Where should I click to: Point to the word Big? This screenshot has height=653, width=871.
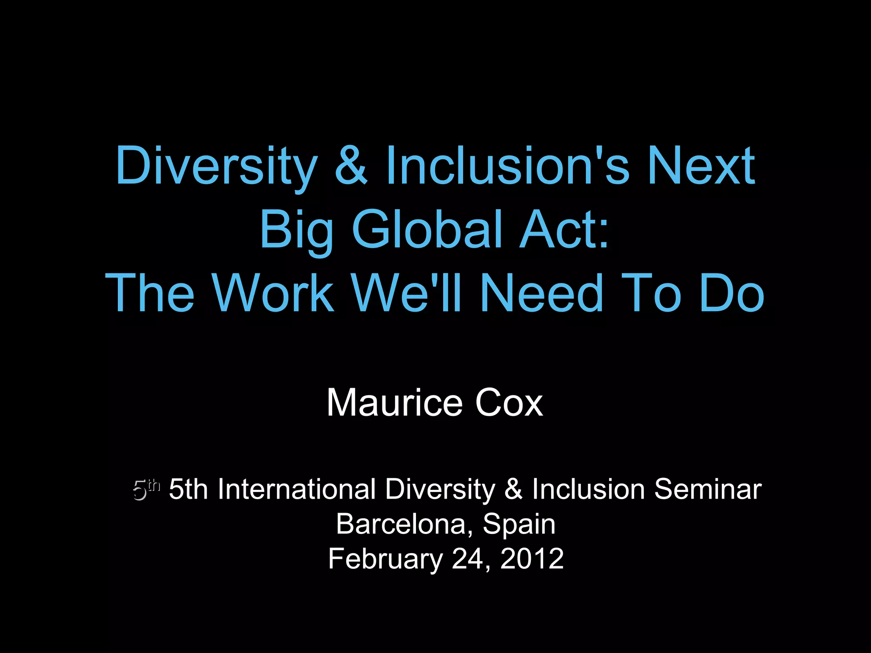click(x=296, y=230)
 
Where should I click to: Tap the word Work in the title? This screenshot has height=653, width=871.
click(x=273, y=292)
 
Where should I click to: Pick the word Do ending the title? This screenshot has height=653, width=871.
click(x=732, y=292)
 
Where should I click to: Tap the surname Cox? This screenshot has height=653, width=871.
click(x=509, y=403)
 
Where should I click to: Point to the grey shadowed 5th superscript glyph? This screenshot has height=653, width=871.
click(x=146, y=489)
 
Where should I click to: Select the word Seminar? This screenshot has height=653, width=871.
click(x=708, y=489)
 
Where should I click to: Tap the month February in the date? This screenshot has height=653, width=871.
click(x=385, y=559)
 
